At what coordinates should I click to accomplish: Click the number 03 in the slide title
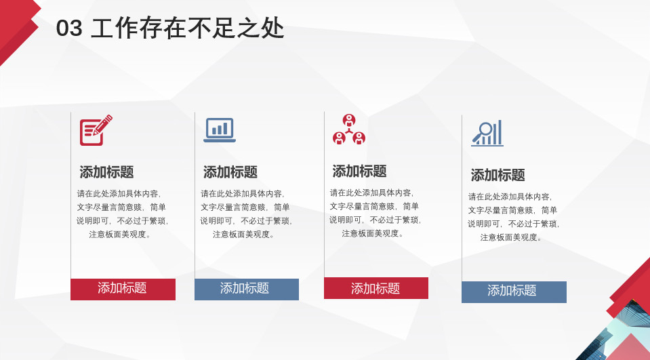[x=69, y=28]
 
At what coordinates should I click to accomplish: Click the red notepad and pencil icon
[x=96, y=130]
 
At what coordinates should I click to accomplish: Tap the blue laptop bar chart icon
[x=220, y=129]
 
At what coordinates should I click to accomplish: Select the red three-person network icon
[x=349, y=129]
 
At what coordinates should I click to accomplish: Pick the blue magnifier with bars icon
[x=487, y=133]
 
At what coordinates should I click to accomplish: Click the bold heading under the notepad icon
[x=106, y=172]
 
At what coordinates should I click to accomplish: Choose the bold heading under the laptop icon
[x=230, y=172]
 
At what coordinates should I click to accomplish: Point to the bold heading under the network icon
[x=359, y=171]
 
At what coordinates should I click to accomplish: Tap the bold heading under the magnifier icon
[x=498, y=175]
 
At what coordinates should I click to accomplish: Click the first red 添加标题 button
[x=123, y=289]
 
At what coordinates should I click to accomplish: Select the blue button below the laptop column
[x=247, y=289]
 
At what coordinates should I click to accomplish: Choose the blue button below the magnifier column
[x=514, y=292]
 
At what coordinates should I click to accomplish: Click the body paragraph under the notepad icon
[x=122, y=214]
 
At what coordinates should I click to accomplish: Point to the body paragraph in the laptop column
[x=246, y=214]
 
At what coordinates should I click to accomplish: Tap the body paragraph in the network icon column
[x=375, y=213]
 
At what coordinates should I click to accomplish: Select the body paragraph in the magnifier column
[x=514, y=217]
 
